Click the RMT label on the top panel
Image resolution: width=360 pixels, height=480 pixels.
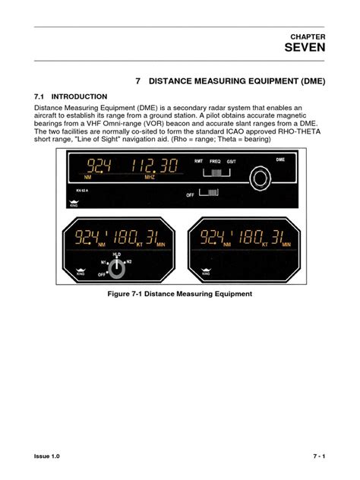[x=198, y=161]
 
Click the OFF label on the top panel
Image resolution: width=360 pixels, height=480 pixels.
[x=191, y=194]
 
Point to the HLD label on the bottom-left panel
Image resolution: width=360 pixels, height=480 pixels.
[x=116, y=255]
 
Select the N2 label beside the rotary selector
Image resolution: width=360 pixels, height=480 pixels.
[x=129, y=262]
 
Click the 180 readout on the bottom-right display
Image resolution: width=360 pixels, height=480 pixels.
[x=246, y=237]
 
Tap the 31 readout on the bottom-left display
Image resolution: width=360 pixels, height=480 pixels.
[x=152, y=237]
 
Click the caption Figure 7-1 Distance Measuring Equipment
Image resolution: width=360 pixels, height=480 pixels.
[x=181, y=294]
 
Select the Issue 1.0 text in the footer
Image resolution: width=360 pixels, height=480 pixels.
[x=47, y=456]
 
